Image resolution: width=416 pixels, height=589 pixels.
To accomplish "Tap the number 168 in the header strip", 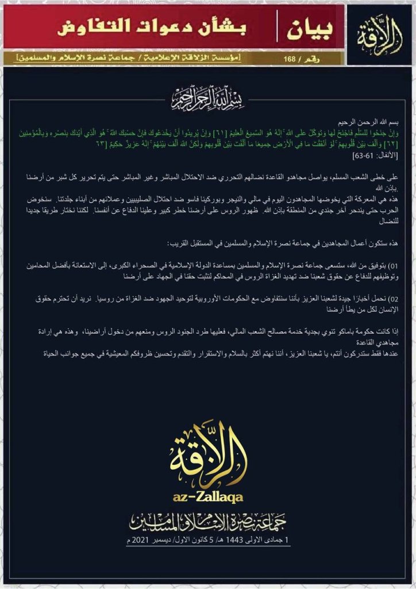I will [x=288, y=58].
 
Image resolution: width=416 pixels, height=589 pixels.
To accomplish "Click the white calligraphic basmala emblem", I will [x=207, y=99].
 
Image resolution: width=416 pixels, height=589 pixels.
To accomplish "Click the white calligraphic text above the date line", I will [x=208, y=521].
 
